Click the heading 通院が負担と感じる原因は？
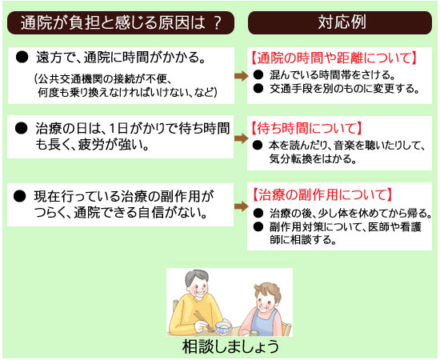click(121, 22)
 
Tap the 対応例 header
click(342, 22)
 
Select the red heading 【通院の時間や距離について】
click(333, 58)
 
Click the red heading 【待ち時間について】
click(306, 128)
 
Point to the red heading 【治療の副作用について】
click(322, 194)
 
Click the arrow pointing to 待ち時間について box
click(241, 138)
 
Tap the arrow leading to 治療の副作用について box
click(241, 206)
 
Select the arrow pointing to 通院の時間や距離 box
click(241, 76)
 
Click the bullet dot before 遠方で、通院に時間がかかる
click(22, 58)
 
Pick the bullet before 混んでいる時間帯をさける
click(258, 74)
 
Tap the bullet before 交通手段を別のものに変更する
click(258, 88)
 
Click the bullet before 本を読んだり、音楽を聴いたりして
click(257, 145)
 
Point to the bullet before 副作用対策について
click(258, 226)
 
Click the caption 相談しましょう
click(230, 346)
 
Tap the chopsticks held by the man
click(203, 321)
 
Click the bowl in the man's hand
click(223, 328)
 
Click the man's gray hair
click(197, 277)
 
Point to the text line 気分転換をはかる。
click(313, 159)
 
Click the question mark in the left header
click(217, 23)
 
